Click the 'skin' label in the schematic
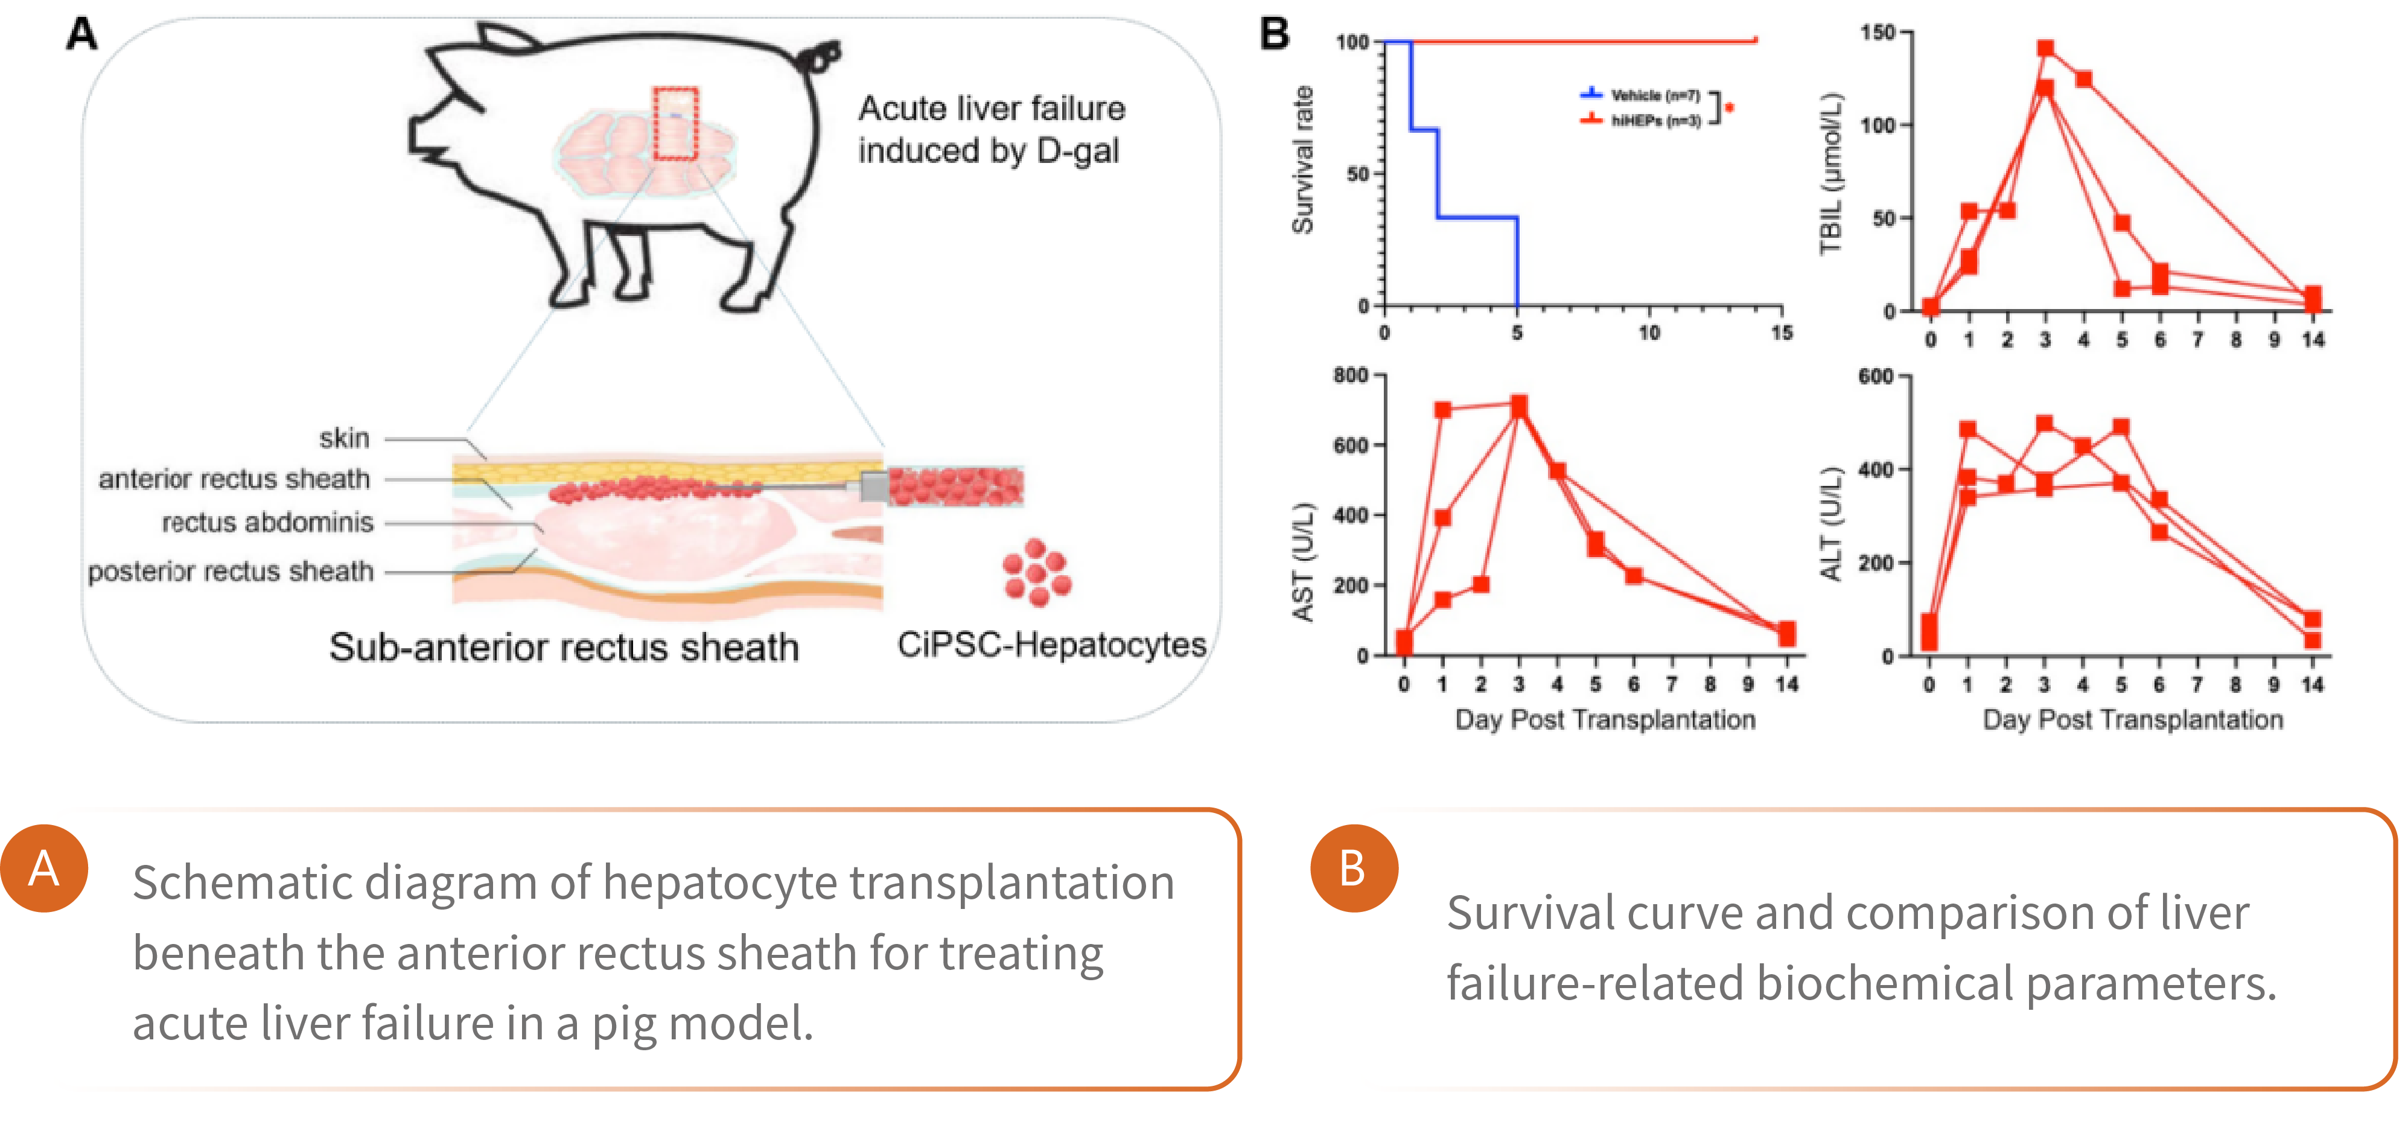[344, 438]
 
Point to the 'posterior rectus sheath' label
[231, 570]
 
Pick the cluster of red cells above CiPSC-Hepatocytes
[1037, 572]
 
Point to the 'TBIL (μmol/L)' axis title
[1830, 174]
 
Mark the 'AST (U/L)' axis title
[1303, 562]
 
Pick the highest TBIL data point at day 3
[2045, 49]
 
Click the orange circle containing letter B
[1354, 869]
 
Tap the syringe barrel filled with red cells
[955, 486]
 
